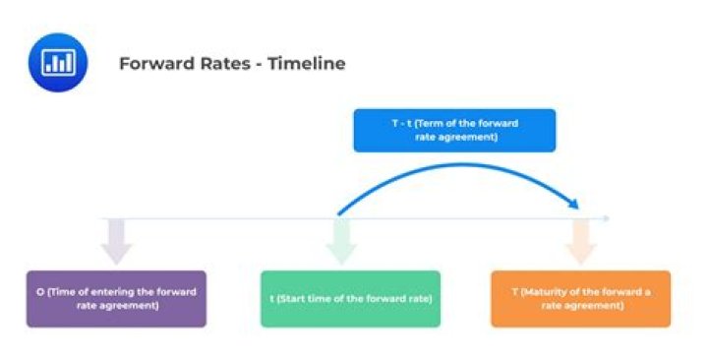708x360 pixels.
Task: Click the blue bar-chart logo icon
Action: [x=58, y=62]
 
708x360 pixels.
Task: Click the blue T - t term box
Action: [x=454, y=130]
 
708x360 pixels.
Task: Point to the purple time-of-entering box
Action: [x=116, y=298]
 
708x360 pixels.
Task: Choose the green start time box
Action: [x=350, y=298]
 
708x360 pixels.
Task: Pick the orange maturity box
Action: [x=580, y=298]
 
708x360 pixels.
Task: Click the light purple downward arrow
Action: [x=116, y=240]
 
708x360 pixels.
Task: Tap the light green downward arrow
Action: [x=341, y=240]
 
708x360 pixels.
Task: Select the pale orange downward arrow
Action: [x=580, y=240]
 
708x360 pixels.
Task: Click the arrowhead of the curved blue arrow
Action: [x=573, y=204]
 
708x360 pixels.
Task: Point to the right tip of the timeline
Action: [x=609, y=217]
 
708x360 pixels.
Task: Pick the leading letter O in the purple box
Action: [x=39, y=292]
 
